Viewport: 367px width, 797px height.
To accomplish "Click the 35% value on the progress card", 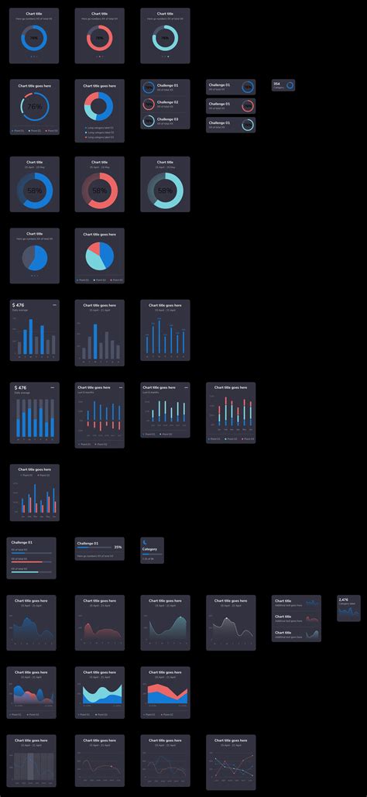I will [118, 547].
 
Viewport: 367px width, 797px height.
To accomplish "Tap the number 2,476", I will [344, 599].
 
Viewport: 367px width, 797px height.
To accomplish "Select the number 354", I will [277, 83].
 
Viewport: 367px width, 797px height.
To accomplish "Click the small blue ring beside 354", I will [290, 85].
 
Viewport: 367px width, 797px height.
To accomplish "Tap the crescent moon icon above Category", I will [146, 541].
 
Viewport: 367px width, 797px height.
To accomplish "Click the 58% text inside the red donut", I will [100, 191].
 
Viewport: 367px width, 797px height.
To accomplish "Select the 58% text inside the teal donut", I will [165, 191].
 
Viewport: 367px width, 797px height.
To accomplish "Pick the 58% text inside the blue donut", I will [35, 191].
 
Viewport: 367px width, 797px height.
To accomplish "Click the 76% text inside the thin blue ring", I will [35, 107].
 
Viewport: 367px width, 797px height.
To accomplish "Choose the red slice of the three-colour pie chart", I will [93, 249].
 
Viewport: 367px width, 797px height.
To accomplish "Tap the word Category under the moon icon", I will [149, 549].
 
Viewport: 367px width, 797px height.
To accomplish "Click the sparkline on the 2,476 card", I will [350, 612].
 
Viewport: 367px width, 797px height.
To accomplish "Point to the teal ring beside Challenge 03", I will [149, 121].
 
